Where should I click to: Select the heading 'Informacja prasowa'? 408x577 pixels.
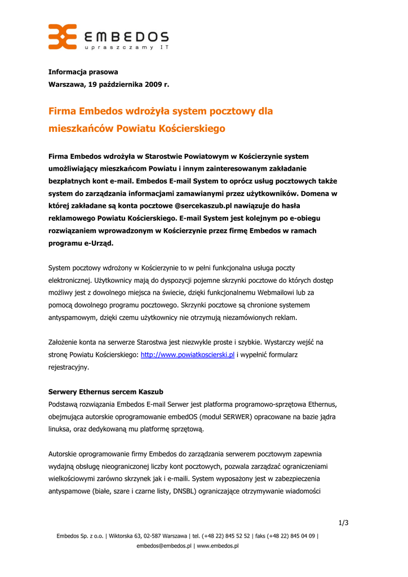[x=83, y=72]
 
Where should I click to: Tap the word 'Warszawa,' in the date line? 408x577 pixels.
[x=66, y=85]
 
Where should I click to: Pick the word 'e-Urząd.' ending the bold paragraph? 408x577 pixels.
[x=97, y=243]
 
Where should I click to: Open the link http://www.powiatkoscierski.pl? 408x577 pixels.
[x=187, y=355]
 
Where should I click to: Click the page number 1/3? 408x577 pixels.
[x=343, y=523]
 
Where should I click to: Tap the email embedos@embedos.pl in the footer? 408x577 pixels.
[x=164, y=546]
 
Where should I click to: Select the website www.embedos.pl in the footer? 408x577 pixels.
[x=217, y=546]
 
